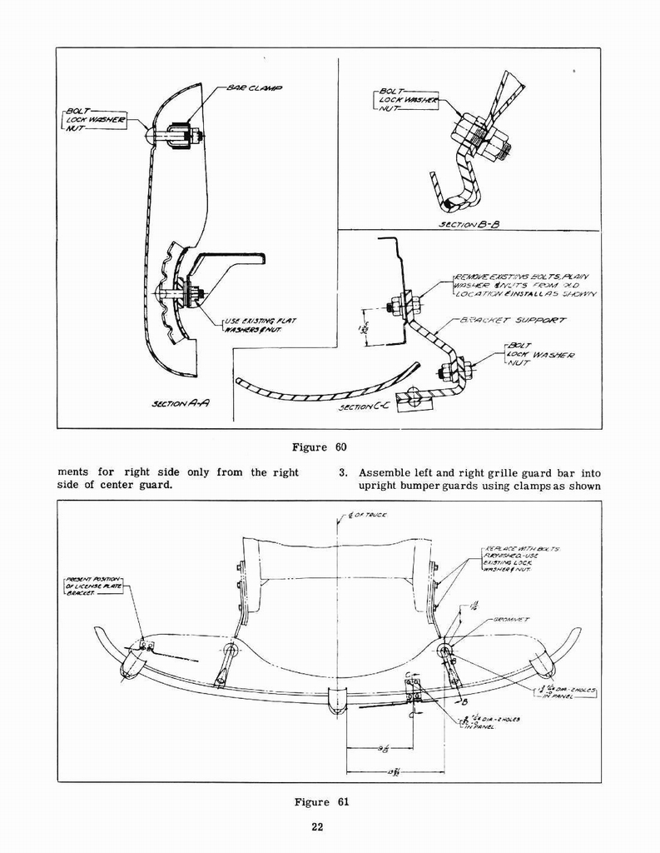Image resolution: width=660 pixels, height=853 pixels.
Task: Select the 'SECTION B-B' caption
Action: point(468,224)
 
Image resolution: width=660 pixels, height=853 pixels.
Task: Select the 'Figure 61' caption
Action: point(320,802)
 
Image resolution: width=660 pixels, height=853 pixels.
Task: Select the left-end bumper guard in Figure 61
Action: point(132,664)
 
